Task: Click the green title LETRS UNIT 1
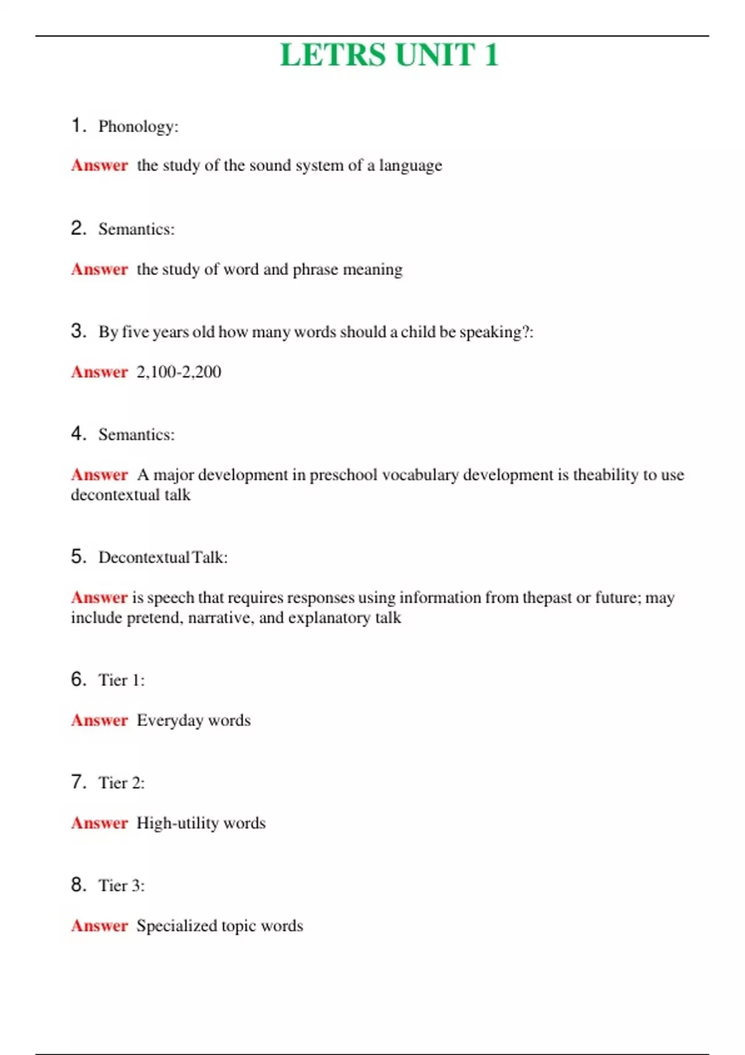(x=389, y=55)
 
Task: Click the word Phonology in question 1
(x=137, y=127)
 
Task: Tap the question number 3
(x=78, y=331)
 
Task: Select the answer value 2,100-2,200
(x=179, y=372)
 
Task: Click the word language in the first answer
(x=410, y=166)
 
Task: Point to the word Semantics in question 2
(x=135, y=229)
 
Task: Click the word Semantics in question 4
(x=135, y=434)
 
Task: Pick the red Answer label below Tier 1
(x=99, y=721)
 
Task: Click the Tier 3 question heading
(x=121, y=886)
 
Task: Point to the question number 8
(x=78, y=884)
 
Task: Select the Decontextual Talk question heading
(x=162, y=557)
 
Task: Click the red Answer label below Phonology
(x=99, y=166)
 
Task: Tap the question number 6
(x=78, y=679)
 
